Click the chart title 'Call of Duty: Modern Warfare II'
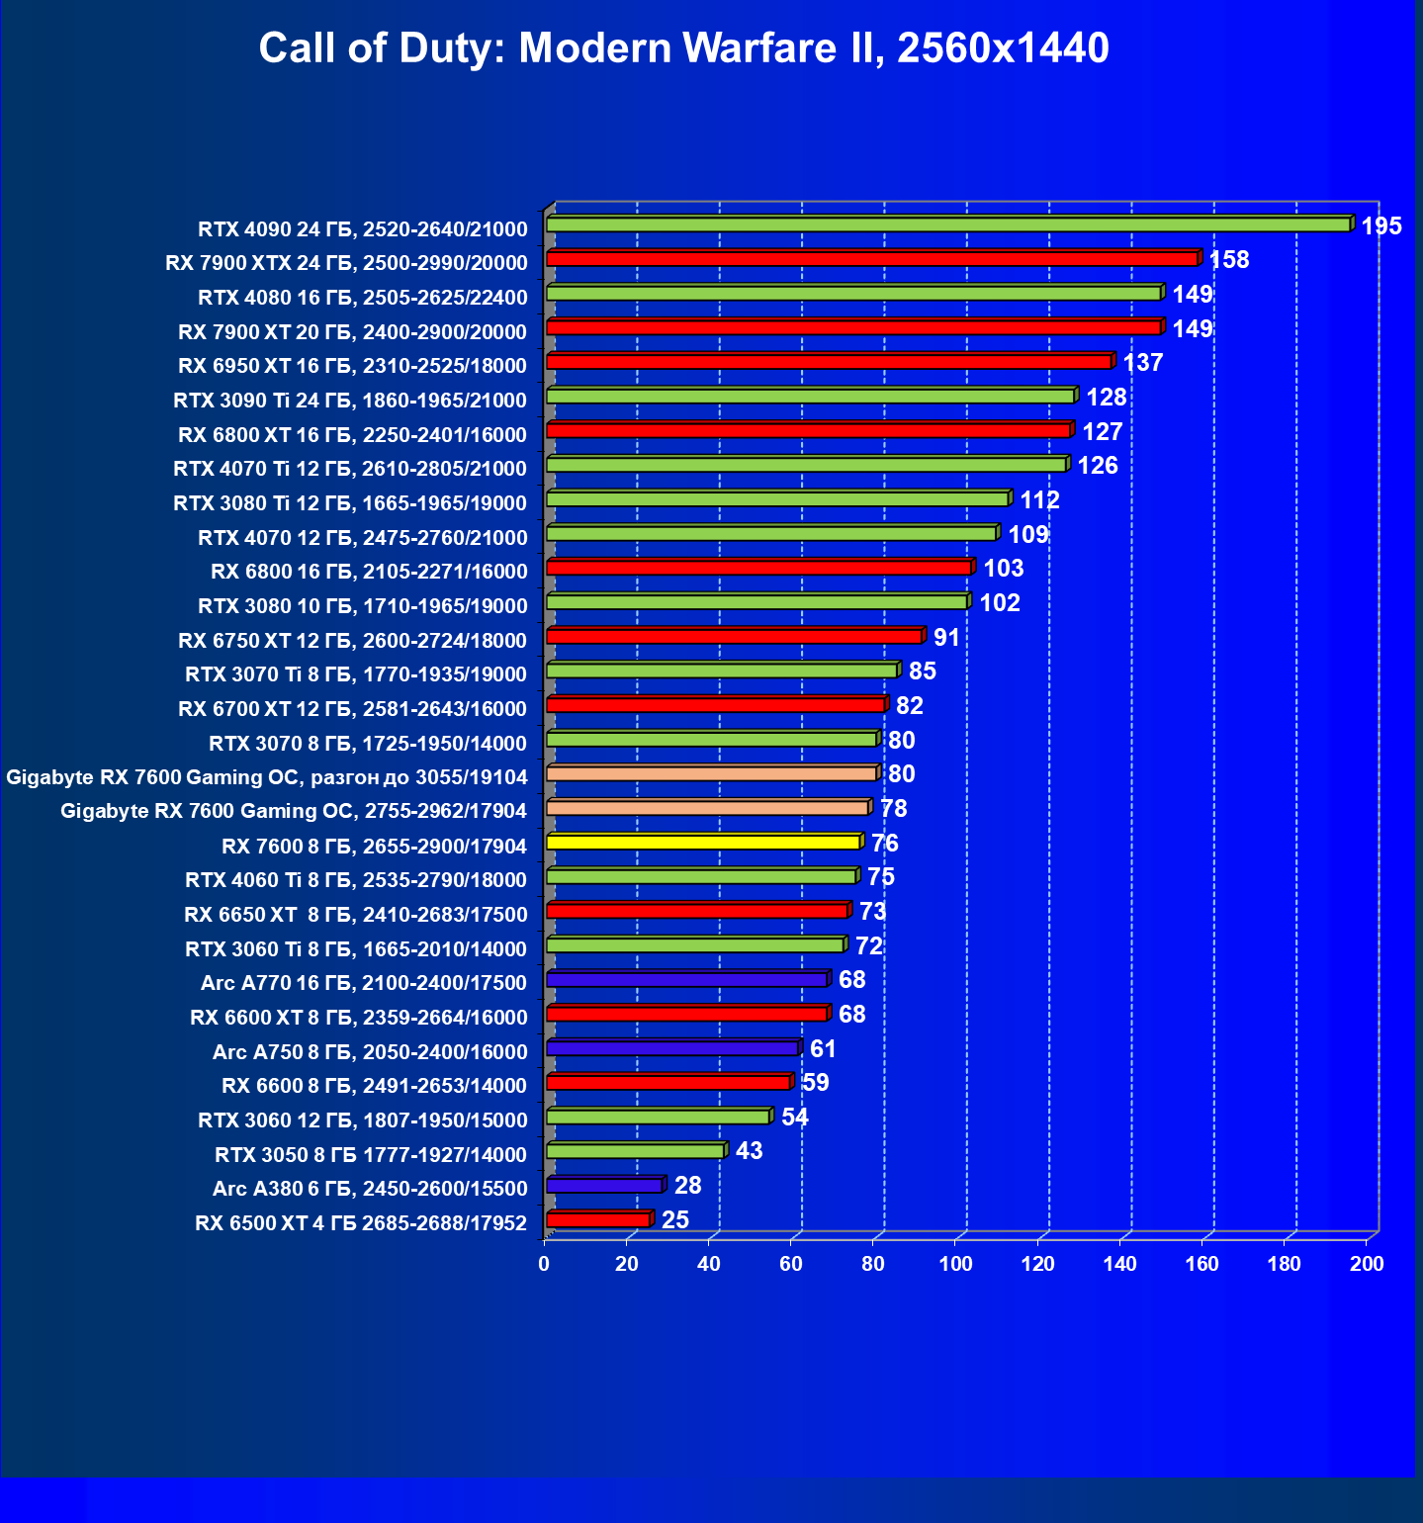point(683,47)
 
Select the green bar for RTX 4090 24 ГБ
point(947,225)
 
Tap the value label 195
point(1380,226)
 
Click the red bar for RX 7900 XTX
point(871,259)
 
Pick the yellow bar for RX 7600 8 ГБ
point(703,843)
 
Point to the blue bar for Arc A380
point(604,1186)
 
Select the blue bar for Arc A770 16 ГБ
point(686,980)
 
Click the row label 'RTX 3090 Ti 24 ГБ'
point(349,400)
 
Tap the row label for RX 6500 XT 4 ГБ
point(360,1223)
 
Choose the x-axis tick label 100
point(955,1264)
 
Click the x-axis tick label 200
point(1367,1264)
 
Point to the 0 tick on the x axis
point(544,1264)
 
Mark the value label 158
point(1229,260)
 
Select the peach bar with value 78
point(707,808)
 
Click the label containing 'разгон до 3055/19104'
point(267,777)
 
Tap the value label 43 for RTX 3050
point(749,1151)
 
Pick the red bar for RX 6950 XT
point(829,362)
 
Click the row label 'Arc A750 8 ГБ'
point(370,1052)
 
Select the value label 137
point(1142,363)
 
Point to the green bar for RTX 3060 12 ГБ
point(658,1117)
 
